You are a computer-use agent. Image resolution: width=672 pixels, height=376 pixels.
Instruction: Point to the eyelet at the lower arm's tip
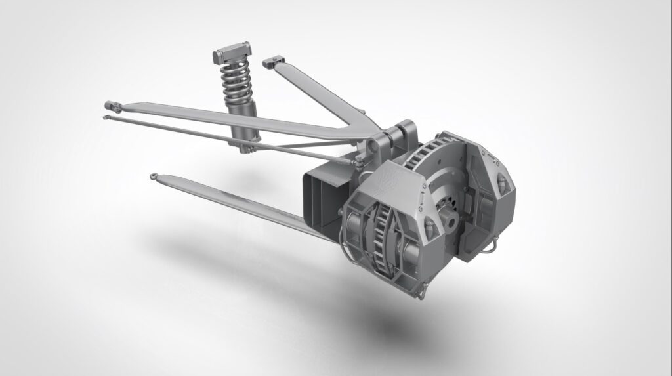[155, 175]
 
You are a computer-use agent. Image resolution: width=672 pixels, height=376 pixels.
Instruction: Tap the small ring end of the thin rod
[105, 117]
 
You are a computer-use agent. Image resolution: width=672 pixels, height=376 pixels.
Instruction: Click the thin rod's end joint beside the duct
[355, 161]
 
